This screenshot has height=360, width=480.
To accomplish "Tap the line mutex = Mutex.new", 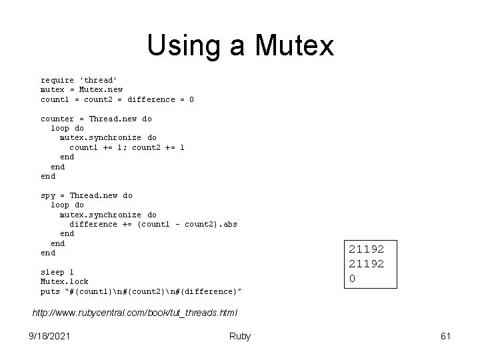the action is pos(81,89).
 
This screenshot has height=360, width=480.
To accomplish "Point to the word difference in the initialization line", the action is pos(151,99).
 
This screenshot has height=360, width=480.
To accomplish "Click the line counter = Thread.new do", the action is pos(96,119).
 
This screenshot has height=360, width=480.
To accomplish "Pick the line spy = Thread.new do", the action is pos(87,195).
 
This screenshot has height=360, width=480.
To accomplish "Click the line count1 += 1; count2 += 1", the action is pos(127,147).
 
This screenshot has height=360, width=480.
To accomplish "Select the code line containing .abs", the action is pos(153,224).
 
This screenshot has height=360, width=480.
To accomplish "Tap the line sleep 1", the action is pos(57,272).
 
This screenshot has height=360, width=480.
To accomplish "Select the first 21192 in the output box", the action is pos(366,249).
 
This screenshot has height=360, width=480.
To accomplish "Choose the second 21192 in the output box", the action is pos(366,263).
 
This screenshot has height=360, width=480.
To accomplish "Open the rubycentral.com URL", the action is pos(135,313).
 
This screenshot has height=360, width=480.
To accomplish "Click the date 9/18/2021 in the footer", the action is pos(50,336).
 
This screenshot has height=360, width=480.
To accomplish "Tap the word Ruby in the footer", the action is pos(239,336).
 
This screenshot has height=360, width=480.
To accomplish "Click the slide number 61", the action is pos(445,336).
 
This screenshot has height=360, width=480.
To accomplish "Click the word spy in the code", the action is pos(48,195).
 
